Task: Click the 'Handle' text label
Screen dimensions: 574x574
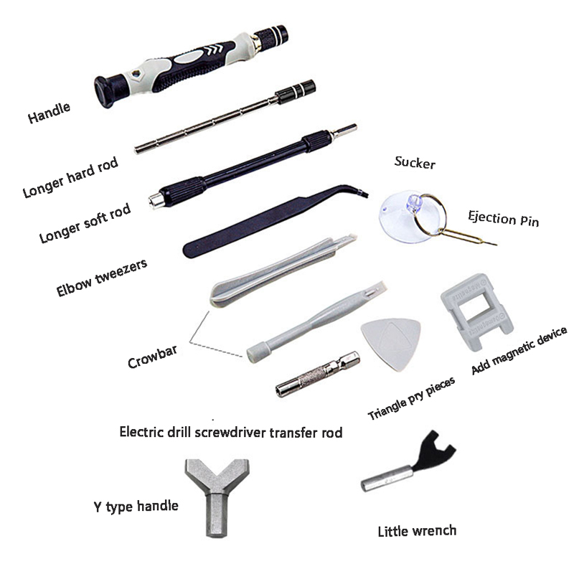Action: pos(49,113)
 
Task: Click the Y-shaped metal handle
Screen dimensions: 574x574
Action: pos(217,494)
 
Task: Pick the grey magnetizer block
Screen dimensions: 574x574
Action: pos(476,311)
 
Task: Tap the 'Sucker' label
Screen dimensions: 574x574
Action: pos(415,163)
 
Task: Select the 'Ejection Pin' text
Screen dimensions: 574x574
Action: pos(504,219)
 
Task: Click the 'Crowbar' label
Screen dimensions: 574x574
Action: pos(153,357)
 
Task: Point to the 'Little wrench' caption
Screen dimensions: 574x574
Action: pos(417,531)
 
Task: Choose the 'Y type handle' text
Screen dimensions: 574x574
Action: pos(136,507)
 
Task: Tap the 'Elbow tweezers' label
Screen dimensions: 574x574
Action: pos(102,277)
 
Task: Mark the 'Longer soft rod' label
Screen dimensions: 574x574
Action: pos(85,223)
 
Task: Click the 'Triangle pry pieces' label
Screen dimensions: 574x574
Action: pos(411,398)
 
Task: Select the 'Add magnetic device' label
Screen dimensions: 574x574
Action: pos(519,350)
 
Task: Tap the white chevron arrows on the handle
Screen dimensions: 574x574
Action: pos(213,50)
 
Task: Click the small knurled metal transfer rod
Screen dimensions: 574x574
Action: pos(318,374)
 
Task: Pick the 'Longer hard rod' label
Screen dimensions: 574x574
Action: pos(70,177)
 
